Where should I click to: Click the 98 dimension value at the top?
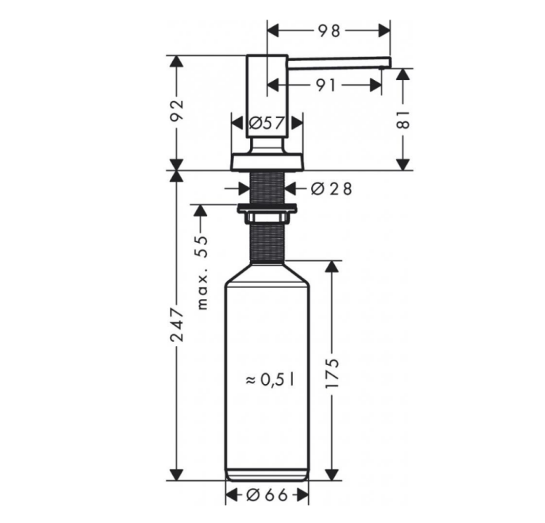coord(328,31)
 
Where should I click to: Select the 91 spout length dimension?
coord(326,85)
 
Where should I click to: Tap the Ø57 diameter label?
coord(267,123)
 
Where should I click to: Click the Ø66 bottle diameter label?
coord(267,495)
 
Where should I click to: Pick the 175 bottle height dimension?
coord(332,372)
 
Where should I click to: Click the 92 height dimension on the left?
coord(177,111)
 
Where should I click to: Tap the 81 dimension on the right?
coord(403,120)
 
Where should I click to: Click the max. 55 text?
coord(202,273)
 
